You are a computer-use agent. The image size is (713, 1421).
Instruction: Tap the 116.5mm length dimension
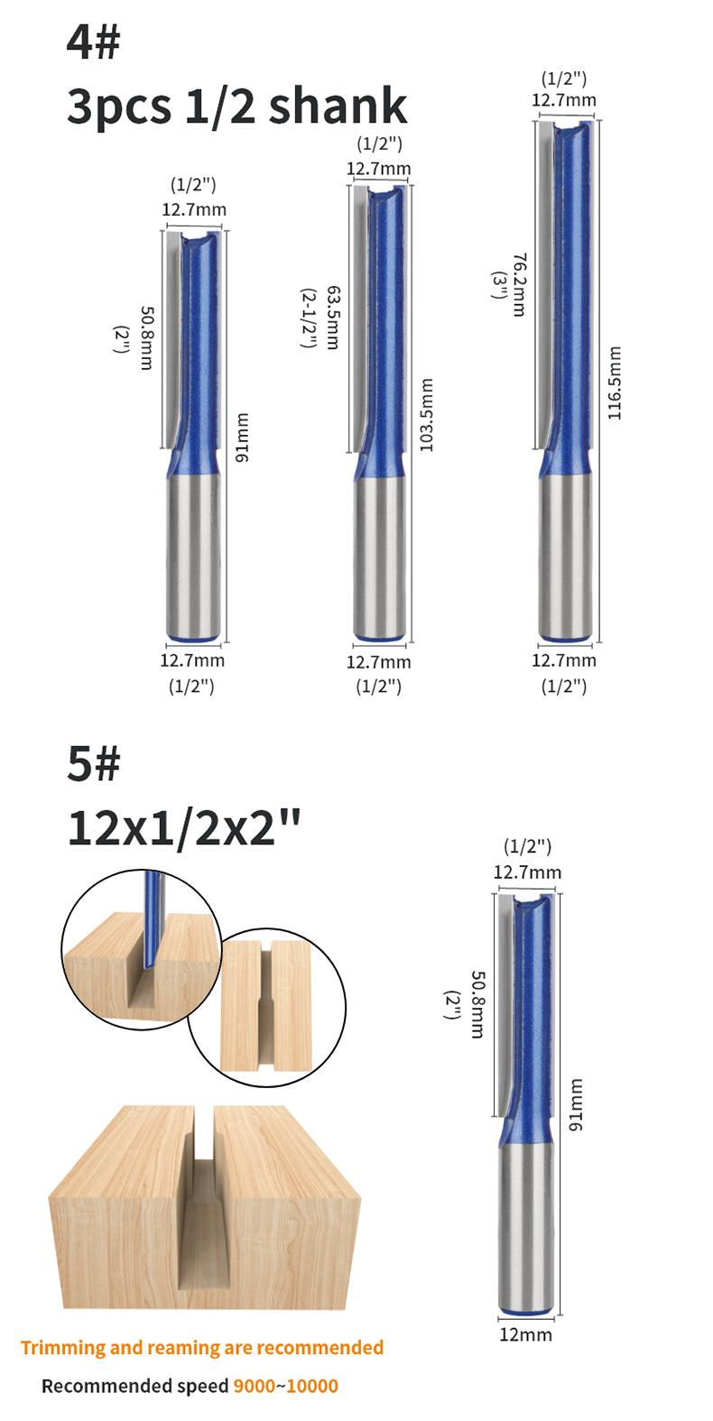point(614,383)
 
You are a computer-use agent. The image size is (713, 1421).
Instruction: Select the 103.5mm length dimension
point(427,416)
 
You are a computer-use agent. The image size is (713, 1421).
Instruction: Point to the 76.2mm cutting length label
point(520,285)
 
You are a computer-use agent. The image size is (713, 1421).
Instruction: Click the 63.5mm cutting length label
point(333,318)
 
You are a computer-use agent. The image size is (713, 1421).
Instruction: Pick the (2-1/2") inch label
point(309,318)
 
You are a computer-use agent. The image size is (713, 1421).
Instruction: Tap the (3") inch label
point(499,285)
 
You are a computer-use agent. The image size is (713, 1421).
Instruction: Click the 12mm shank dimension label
point(526,1334)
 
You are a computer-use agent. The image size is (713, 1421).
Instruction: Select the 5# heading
point(93,763)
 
